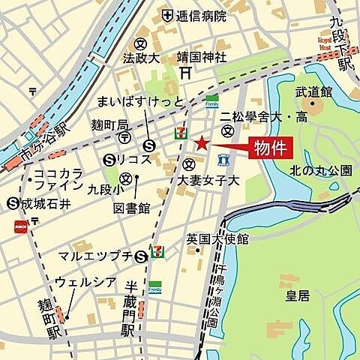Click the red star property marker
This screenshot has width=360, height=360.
coord(200,143)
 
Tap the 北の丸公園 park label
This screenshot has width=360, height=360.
coord(320,170)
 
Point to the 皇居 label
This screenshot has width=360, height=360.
coord(299,296)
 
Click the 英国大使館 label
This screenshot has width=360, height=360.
coord(218,238)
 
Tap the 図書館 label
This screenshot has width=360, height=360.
coord(133,207)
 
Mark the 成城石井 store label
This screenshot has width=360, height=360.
coord(43,202)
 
